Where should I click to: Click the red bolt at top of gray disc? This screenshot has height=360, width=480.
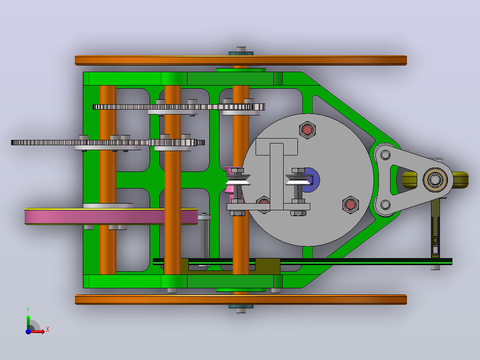307,130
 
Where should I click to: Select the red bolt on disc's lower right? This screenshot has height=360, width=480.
350,205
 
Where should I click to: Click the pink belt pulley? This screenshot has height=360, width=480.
111,216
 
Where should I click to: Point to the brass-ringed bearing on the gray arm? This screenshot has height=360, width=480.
435,180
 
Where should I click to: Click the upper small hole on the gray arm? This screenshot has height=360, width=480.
385,155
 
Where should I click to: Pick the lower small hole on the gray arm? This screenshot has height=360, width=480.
385,205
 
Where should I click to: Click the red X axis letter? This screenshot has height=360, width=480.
48,330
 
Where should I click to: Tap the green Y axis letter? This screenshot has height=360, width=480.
28,310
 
